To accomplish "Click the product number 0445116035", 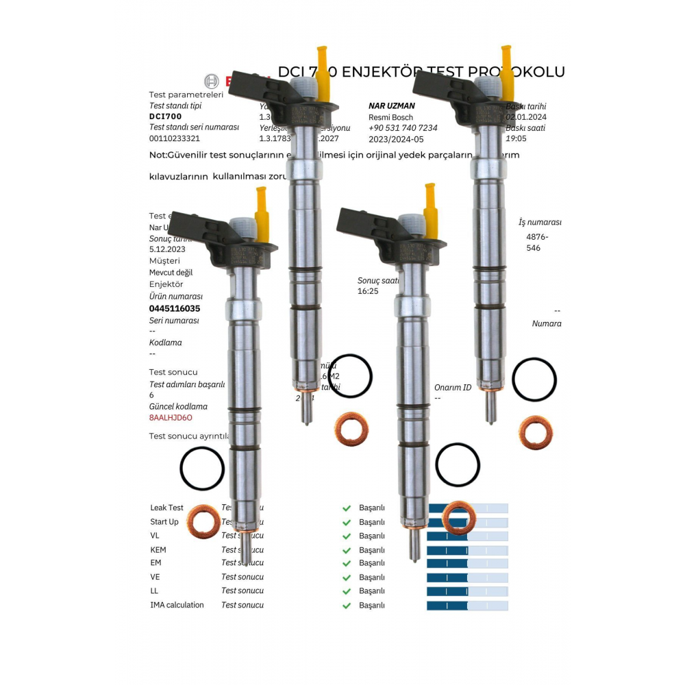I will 175,309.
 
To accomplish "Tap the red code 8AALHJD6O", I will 171,418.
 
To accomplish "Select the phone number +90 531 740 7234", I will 403,128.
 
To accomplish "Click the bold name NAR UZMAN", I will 391,106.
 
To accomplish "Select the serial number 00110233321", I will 175,138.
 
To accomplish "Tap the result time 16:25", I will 368,291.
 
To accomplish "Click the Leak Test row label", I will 166,508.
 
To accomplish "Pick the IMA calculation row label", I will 177,606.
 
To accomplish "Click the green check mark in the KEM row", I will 347,550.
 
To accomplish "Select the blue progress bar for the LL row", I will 467,591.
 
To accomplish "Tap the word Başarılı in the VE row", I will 372,577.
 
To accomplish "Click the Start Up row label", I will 164,522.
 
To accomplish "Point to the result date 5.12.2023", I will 167,249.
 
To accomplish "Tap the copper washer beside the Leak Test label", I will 203,522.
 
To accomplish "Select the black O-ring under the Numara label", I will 534,379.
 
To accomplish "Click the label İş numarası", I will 540,223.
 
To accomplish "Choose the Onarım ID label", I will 453,388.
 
